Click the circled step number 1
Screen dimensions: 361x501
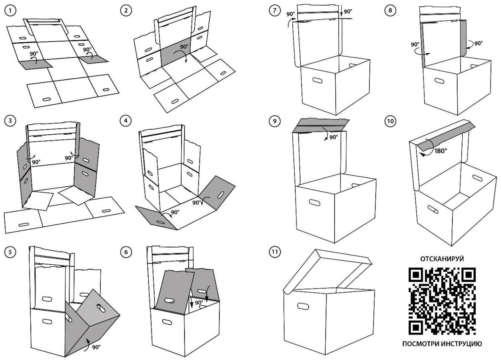coord(10,11)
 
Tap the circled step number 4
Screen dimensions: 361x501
coord(126,120)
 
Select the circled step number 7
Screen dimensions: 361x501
coord(274,11)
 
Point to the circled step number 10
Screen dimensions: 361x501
coord(390,121)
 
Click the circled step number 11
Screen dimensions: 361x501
coord(274,252)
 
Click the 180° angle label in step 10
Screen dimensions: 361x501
coord(440,151)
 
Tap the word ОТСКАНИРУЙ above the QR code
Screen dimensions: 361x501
coord(442,259)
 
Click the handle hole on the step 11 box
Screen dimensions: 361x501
coord(303,306)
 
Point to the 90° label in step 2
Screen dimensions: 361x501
coord(184,47)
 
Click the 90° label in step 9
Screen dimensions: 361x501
coord(334,137)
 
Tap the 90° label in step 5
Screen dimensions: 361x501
coord(96,347)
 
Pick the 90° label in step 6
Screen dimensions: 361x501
coord(199,302)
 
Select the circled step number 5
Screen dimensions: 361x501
coord(10,252)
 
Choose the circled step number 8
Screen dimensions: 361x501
coord(390,11)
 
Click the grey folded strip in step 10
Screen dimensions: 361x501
coord(443,136)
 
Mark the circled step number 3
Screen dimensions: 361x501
coord(10,120)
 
